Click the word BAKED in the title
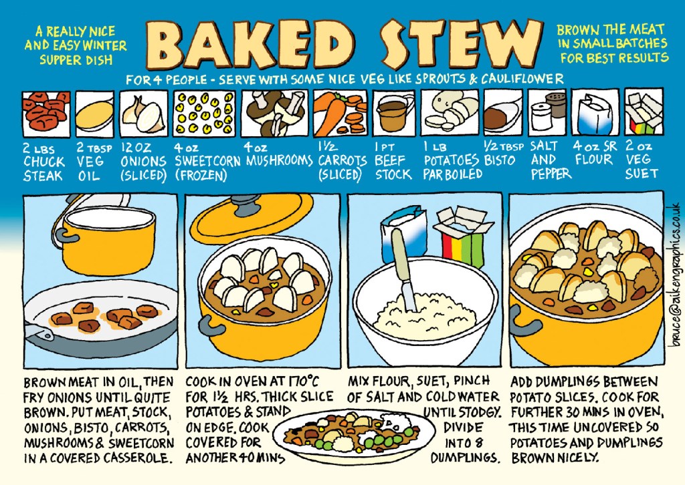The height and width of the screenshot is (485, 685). point(250,44)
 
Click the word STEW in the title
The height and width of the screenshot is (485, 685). point(460,44)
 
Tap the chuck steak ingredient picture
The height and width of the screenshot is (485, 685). point(46,114)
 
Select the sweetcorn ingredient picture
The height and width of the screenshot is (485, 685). point(204,114)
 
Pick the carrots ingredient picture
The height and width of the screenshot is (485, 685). point(340,114)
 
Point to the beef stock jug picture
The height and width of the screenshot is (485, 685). point(394,114)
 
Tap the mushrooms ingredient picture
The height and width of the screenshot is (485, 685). point(274,114)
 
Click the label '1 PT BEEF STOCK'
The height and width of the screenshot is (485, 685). point(393,161)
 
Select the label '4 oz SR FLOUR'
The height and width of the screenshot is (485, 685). point(595,153)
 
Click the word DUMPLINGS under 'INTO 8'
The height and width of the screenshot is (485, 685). point(464,458)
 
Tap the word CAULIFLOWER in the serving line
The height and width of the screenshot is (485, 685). point(522,79)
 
